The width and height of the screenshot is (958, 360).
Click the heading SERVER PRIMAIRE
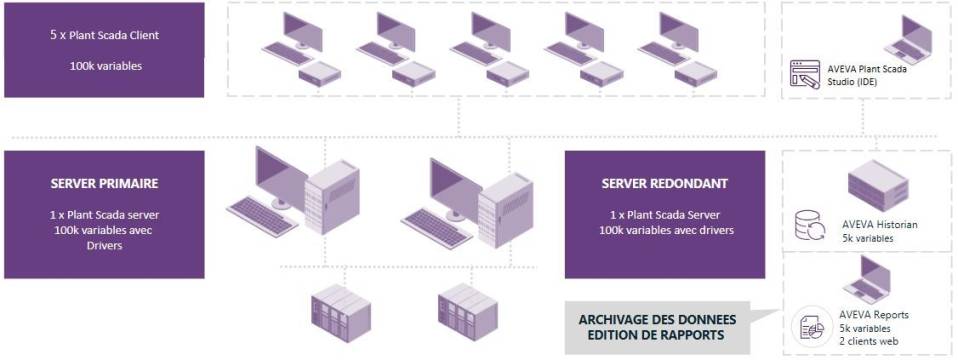tap(104, 184)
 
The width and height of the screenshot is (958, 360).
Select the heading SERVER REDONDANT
tap(664, 184)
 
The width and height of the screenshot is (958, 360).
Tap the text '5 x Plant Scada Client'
tap(104, 35)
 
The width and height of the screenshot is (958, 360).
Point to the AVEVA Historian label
tap(879, 225)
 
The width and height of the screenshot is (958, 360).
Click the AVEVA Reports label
tap(875, 315)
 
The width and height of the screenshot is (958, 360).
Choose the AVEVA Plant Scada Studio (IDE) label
tap(868, 75)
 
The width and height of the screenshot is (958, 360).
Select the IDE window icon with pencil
tap(805, 75)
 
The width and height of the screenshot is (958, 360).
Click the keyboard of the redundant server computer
tap(436, 225)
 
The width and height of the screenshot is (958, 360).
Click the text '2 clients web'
tap(868, 341)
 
